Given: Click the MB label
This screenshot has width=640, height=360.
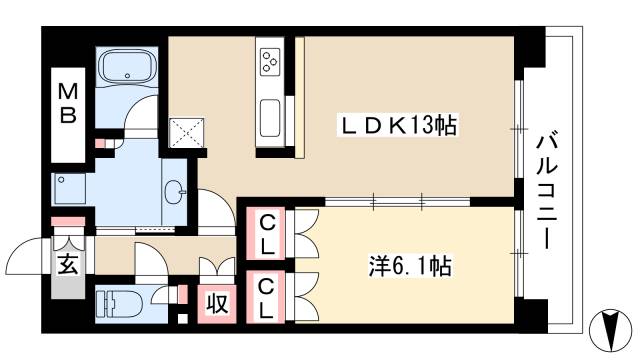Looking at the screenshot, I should pyautogui.click(x=67, y=103).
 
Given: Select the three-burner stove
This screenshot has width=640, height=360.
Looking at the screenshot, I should pyautogui.click(x=270, y=62).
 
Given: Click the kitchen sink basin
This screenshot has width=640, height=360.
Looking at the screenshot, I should pyautogui.click(x=269, y=120).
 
